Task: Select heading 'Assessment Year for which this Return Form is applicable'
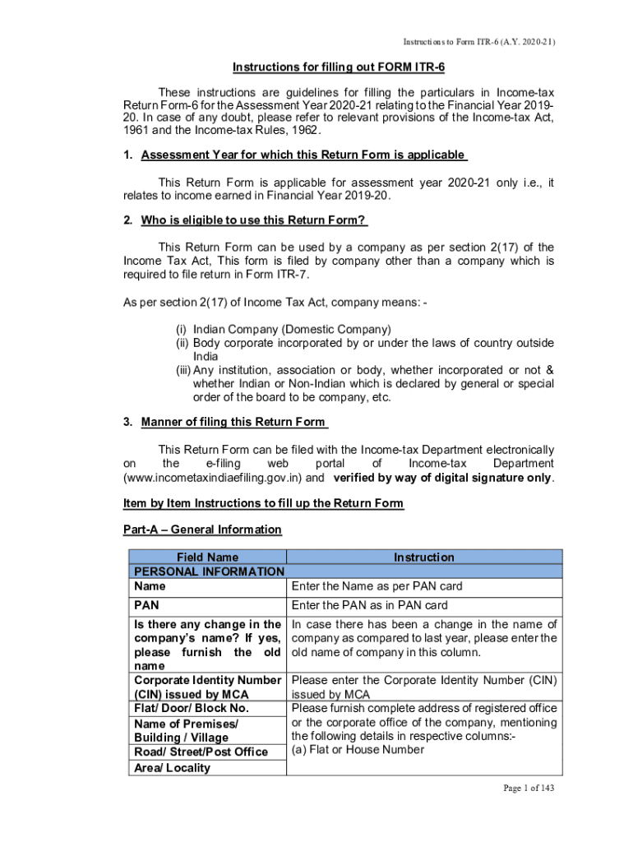tap(303, 155)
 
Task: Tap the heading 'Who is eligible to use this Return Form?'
tap(254, 220)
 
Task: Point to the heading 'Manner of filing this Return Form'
tap(234, 423)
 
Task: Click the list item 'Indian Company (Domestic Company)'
tap(286, 330)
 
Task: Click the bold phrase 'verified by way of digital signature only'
tap(441, 478)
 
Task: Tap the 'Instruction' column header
tap(423, 557)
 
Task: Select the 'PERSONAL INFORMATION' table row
tap(209, 571)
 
